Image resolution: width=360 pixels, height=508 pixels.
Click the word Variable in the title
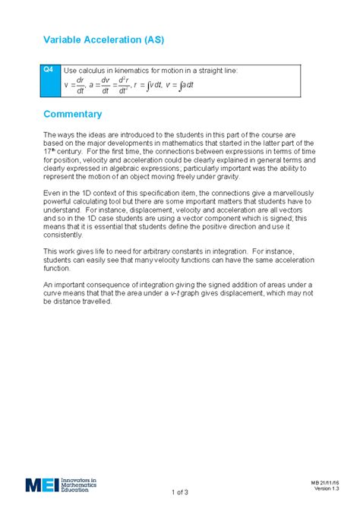tap(65, 39)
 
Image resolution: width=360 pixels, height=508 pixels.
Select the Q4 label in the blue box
tap(48, 69)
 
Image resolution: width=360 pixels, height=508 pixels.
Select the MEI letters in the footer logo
tap(41, 484)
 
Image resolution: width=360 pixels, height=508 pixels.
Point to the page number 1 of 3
tap(179, 492)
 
